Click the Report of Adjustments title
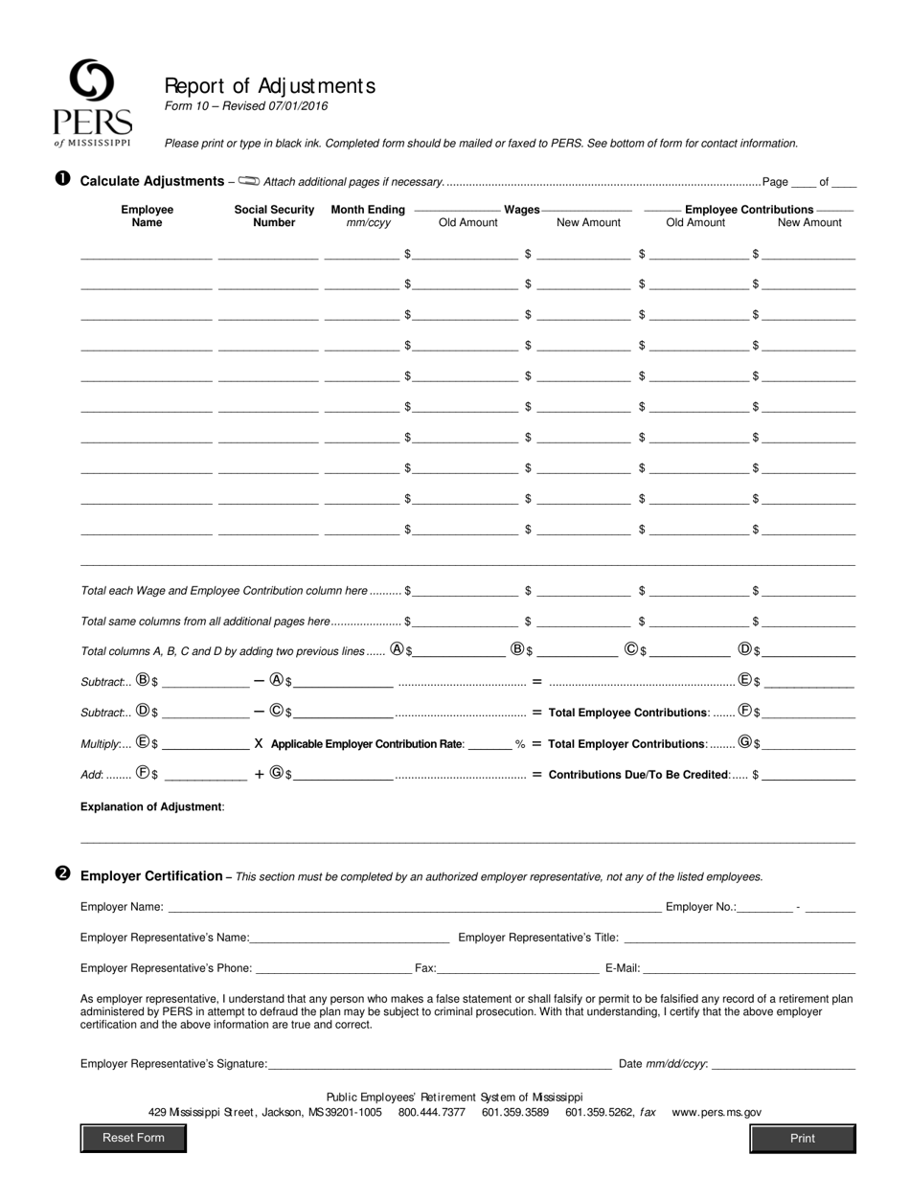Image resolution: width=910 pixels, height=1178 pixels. click(270, 86)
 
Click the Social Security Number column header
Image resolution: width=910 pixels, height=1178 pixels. click(274, 215)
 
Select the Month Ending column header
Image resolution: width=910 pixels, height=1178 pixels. click(368, 215)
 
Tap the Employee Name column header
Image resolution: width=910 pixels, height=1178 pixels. click(147, 215)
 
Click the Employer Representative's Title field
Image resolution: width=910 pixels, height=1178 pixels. click(739, 938)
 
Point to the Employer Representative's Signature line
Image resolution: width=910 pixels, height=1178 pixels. click(440, 1063)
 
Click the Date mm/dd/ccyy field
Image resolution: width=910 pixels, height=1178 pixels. click(784, 1063)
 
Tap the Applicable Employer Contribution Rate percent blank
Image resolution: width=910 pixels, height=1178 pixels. click(489, 744)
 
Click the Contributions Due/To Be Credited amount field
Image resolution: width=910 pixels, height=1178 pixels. click(808, 775)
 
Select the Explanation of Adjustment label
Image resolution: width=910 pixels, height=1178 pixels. click(152, 806)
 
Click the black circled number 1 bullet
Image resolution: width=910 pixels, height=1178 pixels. click(63, 179)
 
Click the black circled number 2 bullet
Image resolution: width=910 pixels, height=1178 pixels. click(63, 874)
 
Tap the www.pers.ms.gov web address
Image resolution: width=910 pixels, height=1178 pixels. click(717, 1112)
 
